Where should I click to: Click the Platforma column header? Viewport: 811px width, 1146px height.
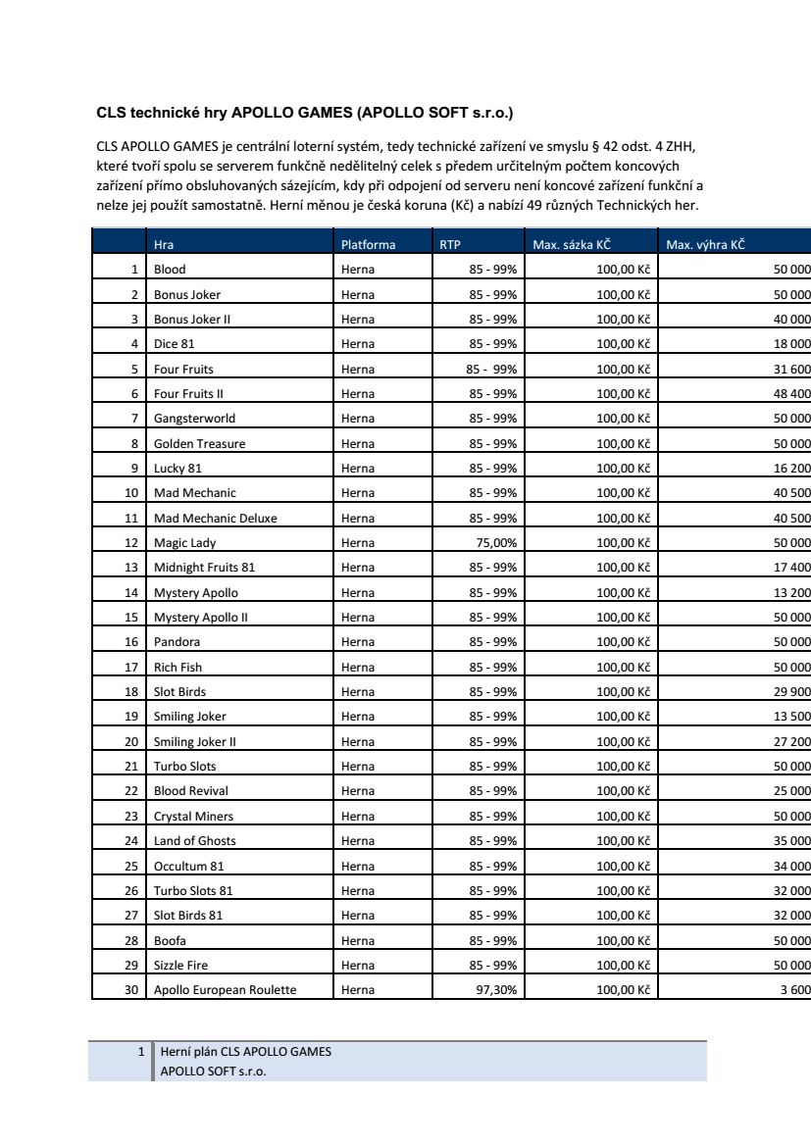click(x=368, y=244)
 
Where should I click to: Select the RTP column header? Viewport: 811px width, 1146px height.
click(x=449, y=244)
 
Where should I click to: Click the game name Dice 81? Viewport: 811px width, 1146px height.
click(x=174, y=344)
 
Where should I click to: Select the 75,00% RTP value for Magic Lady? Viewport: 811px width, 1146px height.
click(x=496, y=542)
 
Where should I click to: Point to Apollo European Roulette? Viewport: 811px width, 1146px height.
click(x=225, y=989)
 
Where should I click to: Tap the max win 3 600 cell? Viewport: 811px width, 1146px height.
click(x=795, y=989)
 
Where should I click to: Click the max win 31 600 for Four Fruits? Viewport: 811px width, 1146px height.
click(x=791, y=369)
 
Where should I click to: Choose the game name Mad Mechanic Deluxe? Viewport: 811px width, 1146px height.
click(x=215, y=518)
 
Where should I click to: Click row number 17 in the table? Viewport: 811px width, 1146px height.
click(x=130, y=667)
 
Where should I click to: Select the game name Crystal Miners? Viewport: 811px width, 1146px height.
click(x=193, y=816)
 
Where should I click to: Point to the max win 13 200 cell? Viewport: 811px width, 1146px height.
click(x=791, y=592)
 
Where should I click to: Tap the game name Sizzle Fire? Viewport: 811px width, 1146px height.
click(x=180, y=965)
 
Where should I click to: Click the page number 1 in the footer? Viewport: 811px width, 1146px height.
click(x=142, y=1052)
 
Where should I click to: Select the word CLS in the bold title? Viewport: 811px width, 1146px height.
click(x=109, y=113)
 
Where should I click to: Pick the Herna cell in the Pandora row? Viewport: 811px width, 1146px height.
click(x=358, y=642)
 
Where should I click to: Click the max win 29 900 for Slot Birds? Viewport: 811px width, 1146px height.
click(x=791, y=691)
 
